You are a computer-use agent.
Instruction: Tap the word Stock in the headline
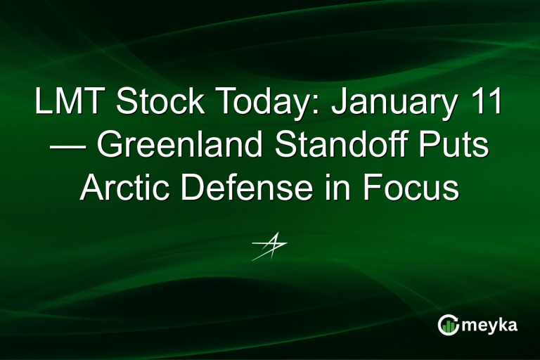point(148,103)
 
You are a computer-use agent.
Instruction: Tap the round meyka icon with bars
point(449,325)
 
